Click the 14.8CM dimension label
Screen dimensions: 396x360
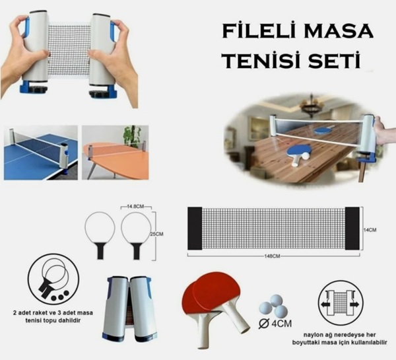(x=135, y=207)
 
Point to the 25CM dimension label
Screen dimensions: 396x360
(x=156, y=234)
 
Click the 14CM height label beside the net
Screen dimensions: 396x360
(x=370, y=230)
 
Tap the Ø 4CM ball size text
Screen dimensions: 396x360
(x=275, y=324)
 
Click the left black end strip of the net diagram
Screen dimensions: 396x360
(x=195, y=229)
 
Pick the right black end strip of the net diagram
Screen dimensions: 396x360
(x=352, y=229)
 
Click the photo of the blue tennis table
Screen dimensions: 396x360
(x=41, y=153)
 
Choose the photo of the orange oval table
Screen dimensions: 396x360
(x=115, y=153)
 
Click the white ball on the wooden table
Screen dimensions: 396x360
(x=306, y=157)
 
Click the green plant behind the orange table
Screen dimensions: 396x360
(x=131, y=136)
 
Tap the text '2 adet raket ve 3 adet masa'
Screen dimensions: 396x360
(x=53, y=312)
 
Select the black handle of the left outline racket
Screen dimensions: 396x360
(x=100, y=251)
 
